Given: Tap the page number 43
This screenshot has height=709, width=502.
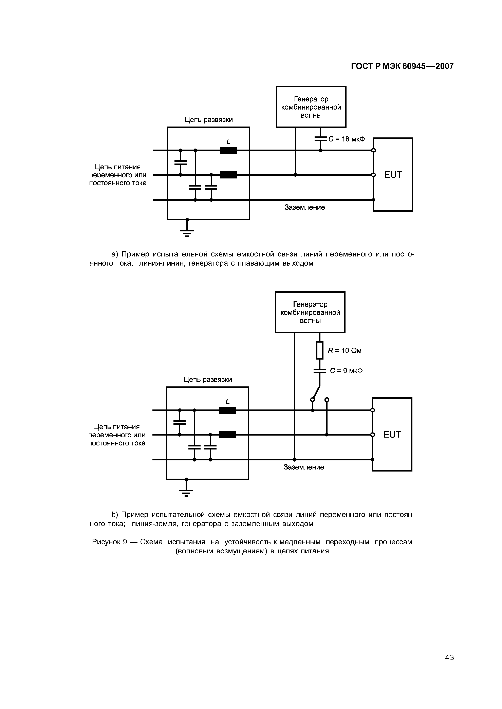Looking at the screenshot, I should click(449, 666).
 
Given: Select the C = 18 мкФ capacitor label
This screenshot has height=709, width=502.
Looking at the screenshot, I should click(347, 139).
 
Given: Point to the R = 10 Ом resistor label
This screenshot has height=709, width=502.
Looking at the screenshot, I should click(345, 351).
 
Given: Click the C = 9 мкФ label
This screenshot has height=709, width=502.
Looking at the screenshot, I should click(346, 371).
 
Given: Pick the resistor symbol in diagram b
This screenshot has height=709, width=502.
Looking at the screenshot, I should click(320, 350).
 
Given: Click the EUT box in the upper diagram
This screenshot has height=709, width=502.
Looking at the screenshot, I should click(393, 175).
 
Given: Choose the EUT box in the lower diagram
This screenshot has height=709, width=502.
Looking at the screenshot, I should click(392, 434).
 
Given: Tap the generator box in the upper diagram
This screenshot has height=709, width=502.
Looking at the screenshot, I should click(311, 107).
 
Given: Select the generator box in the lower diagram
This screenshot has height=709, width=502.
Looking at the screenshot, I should click(310, 312).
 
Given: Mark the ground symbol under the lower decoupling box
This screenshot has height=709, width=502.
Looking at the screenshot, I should click(186, 491).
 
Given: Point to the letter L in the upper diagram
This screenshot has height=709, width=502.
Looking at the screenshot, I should click(228, 142).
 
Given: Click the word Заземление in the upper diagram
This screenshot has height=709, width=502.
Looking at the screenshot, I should click(304, 207).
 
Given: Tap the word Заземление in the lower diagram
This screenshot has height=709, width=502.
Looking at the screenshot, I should click(303, 467).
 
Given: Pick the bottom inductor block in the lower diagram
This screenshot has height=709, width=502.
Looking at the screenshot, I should click(227, 435).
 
